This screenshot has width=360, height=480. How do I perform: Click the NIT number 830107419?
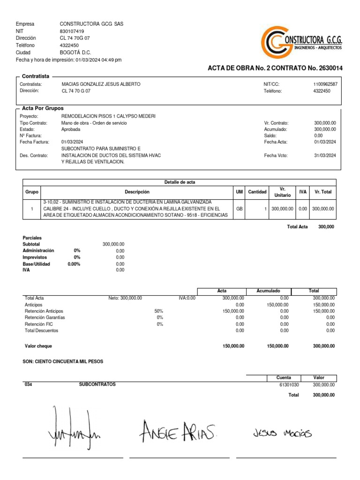click(x=72, y=31)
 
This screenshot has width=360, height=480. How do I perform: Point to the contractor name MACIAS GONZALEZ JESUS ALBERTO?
click(x=101, y=84)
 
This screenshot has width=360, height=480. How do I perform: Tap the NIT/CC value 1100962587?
click(x=325, y=84)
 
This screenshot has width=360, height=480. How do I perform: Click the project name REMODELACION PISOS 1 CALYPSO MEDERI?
click(x=108, y=116)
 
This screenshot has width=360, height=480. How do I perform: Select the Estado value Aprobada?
click(x=70, y=129)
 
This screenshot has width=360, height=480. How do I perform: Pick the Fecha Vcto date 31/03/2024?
click(x=325, y=156)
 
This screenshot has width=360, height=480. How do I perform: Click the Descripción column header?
click(x=137, y=192)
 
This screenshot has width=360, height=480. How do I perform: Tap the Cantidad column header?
click(x=257, y=192)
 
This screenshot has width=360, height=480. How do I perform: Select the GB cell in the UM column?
click(x=239, y=209)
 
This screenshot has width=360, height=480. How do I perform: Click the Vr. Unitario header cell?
click(x=283, y=192)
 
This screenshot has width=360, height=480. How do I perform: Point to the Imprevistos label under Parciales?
click(x=35, y=257)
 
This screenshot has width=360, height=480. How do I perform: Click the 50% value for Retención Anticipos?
click(x=159, y=311)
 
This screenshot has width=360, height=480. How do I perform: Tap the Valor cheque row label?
click(x=38, y=346)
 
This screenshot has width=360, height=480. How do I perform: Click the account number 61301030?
click(x=288, y=384)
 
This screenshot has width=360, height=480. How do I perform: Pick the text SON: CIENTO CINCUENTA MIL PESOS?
click(x=63, y=362)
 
